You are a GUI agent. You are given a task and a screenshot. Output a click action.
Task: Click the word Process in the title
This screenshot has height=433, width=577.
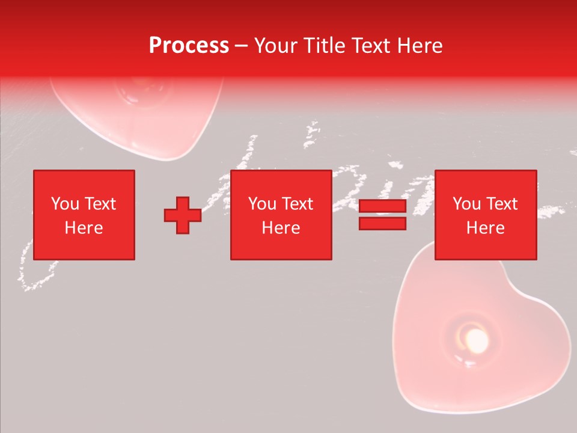tap(189, 46)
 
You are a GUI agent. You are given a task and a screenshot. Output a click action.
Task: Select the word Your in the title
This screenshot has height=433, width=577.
tap(274, 46)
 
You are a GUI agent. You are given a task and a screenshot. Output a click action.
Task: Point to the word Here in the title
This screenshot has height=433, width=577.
tap(419, 46)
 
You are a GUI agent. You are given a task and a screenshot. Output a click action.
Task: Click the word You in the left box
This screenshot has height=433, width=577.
tap(64, 204)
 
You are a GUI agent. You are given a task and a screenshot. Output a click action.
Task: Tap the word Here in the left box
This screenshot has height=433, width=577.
tap(84, 228)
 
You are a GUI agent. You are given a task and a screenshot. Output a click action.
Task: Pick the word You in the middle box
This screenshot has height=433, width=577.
tap(262, 204)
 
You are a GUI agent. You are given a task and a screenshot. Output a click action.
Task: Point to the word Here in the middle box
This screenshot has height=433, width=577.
tap(281, 228)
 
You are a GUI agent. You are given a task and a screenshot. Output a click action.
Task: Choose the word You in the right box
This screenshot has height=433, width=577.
tap(466, 204)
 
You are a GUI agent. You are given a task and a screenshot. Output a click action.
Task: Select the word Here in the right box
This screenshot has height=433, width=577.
tap(485, 228)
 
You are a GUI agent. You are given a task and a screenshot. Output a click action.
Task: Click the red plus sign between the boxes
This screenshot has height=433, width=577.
tap(183, 215)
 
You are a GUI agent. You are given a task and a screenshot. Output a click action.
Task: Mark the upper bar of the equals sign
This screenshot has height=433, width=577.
tap(382, 206)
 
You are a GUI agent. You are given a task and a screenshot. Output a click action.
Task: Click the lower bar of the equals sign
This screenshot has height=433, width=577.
tap(382, 223)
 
